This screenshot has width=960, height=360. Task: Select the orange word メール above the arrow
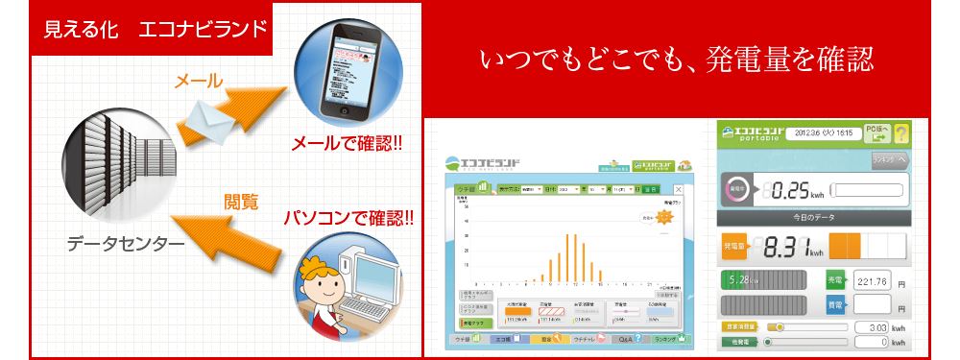198,81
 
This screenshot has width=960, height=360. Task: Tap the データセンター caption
126,245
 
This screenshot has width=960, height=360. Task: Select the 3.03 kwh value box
876,326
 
